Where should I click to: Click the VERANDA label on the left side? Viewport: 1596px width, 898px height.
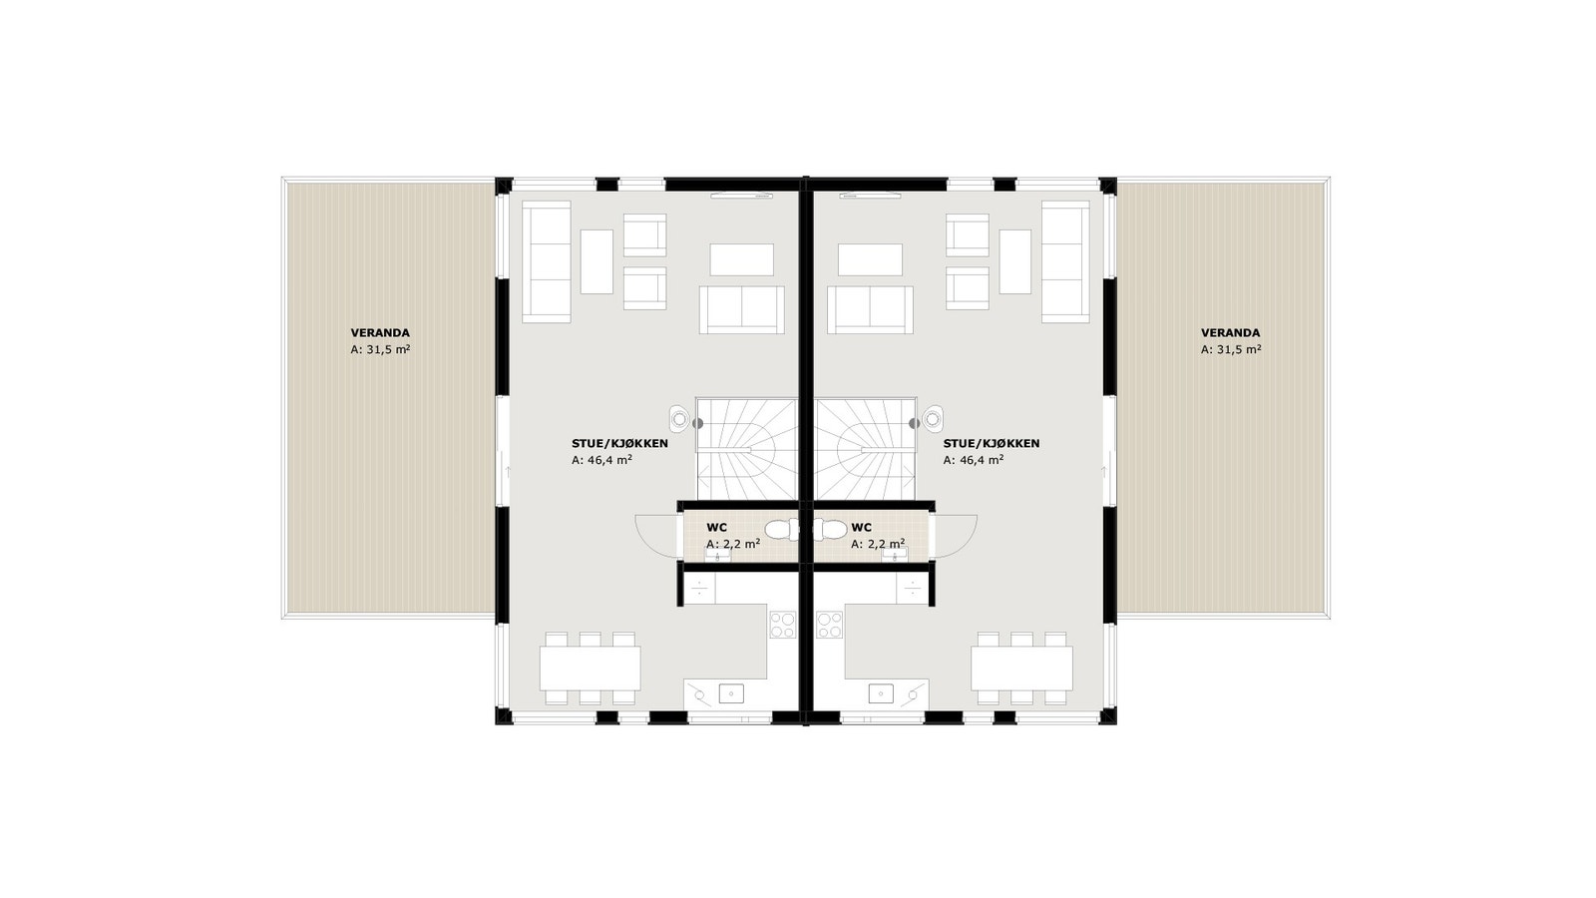pos(380,333)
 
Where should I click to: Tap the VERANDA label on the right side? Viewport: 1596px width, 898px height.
pos(1230,333)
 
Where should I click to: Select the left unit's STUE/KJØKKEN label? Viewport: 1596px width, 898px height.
pos(619,444)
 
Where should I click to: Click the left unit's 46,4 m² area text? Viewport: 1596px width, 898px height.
pos(601,461)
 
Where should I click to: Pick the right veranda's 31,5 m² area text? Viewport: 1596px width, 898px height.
pos(1231,350)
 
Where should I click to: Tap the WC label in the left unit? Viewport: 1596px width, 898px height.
pos(716,527)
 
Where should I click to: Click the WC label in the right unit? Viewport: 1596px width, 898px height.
pos(862,527)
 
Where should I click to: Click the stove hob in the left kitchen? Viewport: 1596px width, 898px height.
pos(782,625)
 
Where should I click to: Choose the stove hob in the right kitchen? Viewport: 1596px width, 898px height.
pos(830,625)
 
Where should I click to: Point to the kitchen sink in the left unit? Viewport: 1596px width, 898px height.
pos(731,692)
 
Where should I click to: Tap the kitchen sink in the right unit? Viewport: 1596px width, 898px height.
pos(881,692)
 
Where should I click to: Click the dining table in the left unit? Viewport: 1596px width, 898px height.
pos(590,668)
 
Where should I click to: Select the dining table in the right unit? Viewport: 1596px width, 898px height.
pos(1021,668)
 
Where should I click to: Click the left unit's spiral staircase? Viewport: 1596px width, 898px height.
pos(746,449)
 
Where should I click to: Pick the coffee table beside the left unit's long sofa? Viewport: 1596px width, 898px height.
pos(597,261)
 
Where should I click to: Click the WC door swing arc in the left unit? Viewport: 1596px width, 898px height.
pos(656,537)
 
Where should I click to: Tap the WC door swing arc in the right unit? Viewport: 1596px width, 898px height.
pos(956,537)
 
